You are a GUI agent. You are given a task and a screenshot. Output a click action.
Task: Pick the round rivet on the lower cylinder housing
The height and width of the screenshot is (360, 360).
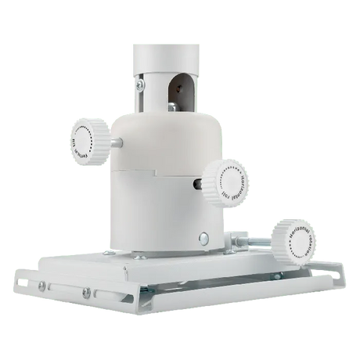[x=204, y=239]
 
